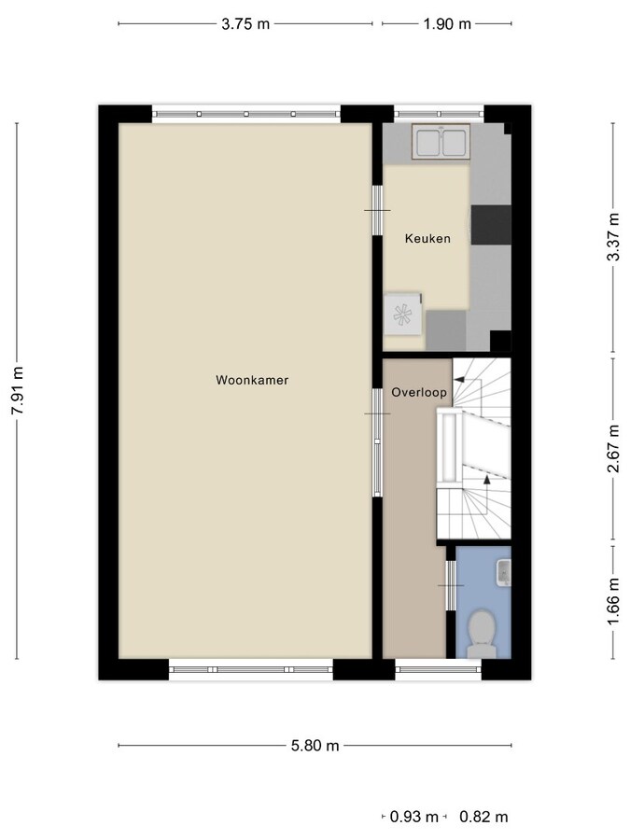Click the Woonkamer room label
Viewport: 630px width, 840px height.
(252, 380)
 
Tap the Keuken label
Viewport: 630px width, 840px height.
(427, 238)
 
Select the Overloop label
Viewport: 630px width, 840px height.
(419, 392)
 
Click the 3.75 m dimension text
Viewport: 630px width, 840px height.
(245, 24)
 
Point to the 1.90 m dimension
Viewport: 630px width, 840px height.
(447, 24)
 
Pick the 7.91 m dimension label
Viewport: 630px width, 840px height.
(18, 390)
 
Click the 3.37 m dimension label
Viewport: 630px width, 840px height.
(613, 237)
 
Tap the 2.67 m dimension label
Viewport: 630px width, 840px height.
(613, 448)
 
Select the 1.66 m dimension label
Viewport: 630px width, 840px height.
(613, 602)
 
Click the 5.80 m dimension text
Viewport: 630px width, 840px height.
(315, 745)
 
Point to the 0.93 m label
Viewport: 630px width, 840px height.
(414, 817)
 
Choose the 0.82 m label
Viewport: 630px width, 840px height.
(483, 817)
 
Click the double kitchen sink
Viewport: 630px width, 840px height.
(441, 142)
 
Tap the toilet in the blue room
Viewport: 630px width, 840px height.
(481, 634)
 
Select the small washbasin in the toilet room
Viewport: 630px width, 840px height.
(504, 571)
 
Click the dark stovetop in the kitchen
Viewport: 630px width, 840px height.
(491, 225)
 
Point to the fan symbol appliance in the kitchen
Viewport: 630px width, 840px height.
(403, 315)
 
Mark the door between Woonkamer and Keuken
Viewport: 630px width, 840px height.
(378, 211)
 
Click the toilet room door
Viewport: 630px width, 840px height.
(451, 585)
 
